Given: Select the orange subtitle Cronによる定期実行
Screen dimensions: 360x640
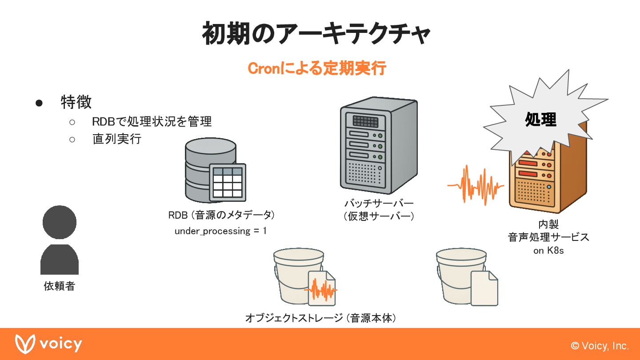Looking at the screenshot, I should [316, 69].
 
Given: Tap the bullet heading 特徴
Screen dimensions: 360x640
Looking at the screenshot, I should [76, 102].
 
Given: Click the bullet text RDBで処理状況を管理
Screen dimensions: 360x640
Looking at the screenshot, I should [152, 121].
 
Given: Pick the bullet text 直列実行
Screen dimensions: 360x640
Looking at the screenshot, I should [116, 139].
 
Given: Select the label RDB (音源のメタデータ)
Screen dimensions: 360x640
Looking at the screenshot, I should [221, 215].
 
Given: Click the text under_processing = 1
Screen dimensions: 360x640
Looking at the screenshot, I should [220, 231].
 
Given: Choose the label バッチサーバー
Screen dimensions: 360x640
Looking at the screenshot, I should [379, 204].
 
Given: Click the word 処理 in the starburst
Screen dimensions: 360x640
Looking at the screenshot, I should [540, 119].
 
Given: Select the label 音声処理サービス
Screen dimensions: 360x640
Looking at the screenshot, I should [548, 237].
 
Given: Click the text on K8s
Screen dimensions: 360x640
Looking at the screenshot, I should [548, 251].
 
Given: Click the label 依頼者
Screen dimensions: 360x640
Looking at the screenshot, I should [60, 286].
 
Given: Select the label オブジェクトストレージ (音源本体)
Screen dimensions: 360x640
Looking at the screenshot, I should [320, 318].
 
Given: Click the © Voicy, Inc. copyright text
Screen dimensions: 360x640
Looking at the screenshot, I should [600, 346].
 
